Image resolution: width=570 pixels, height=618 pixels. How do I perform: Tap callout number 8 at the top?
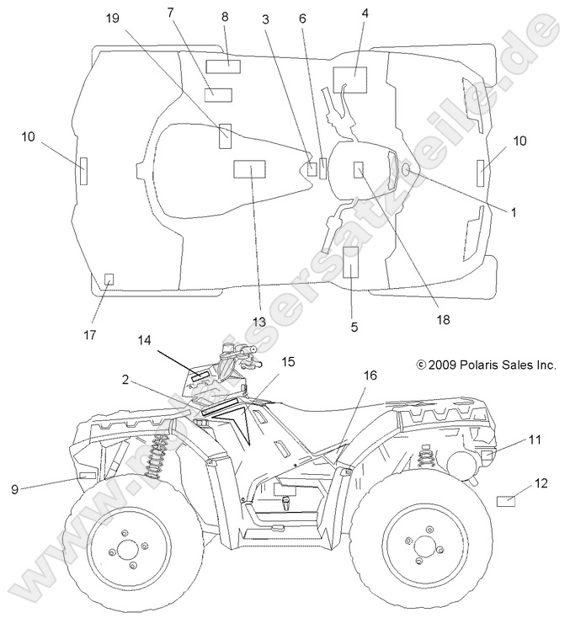pyautogui.click(x=225, y=17)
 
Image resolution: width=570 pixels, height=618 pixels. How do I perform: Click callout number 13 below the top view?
pyautogui.click(x=258, y=322)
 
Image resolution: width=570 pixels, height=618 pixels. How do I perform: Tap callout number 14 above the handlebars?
pyautogui.click(x=144, y=340)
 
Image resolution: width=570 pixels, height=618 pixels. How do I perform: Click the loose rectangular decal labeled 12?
pyautogui.click(x=505, y=501)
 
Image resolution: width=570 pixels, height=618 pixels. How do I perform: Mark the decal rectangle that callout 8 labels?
pyautogui.click(x=224, y=66)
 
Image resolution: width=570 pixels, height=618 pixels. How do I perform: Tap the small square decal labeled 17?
pyautogui.click(x=109, y=279)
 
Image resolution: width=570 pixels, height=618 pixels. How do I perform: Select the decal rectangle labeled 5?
pyautogui.click(x=351, y=263)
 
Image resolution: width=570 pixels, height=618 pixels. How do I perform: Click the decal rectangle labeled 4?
pyautogui.click(x=350, y=79)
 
